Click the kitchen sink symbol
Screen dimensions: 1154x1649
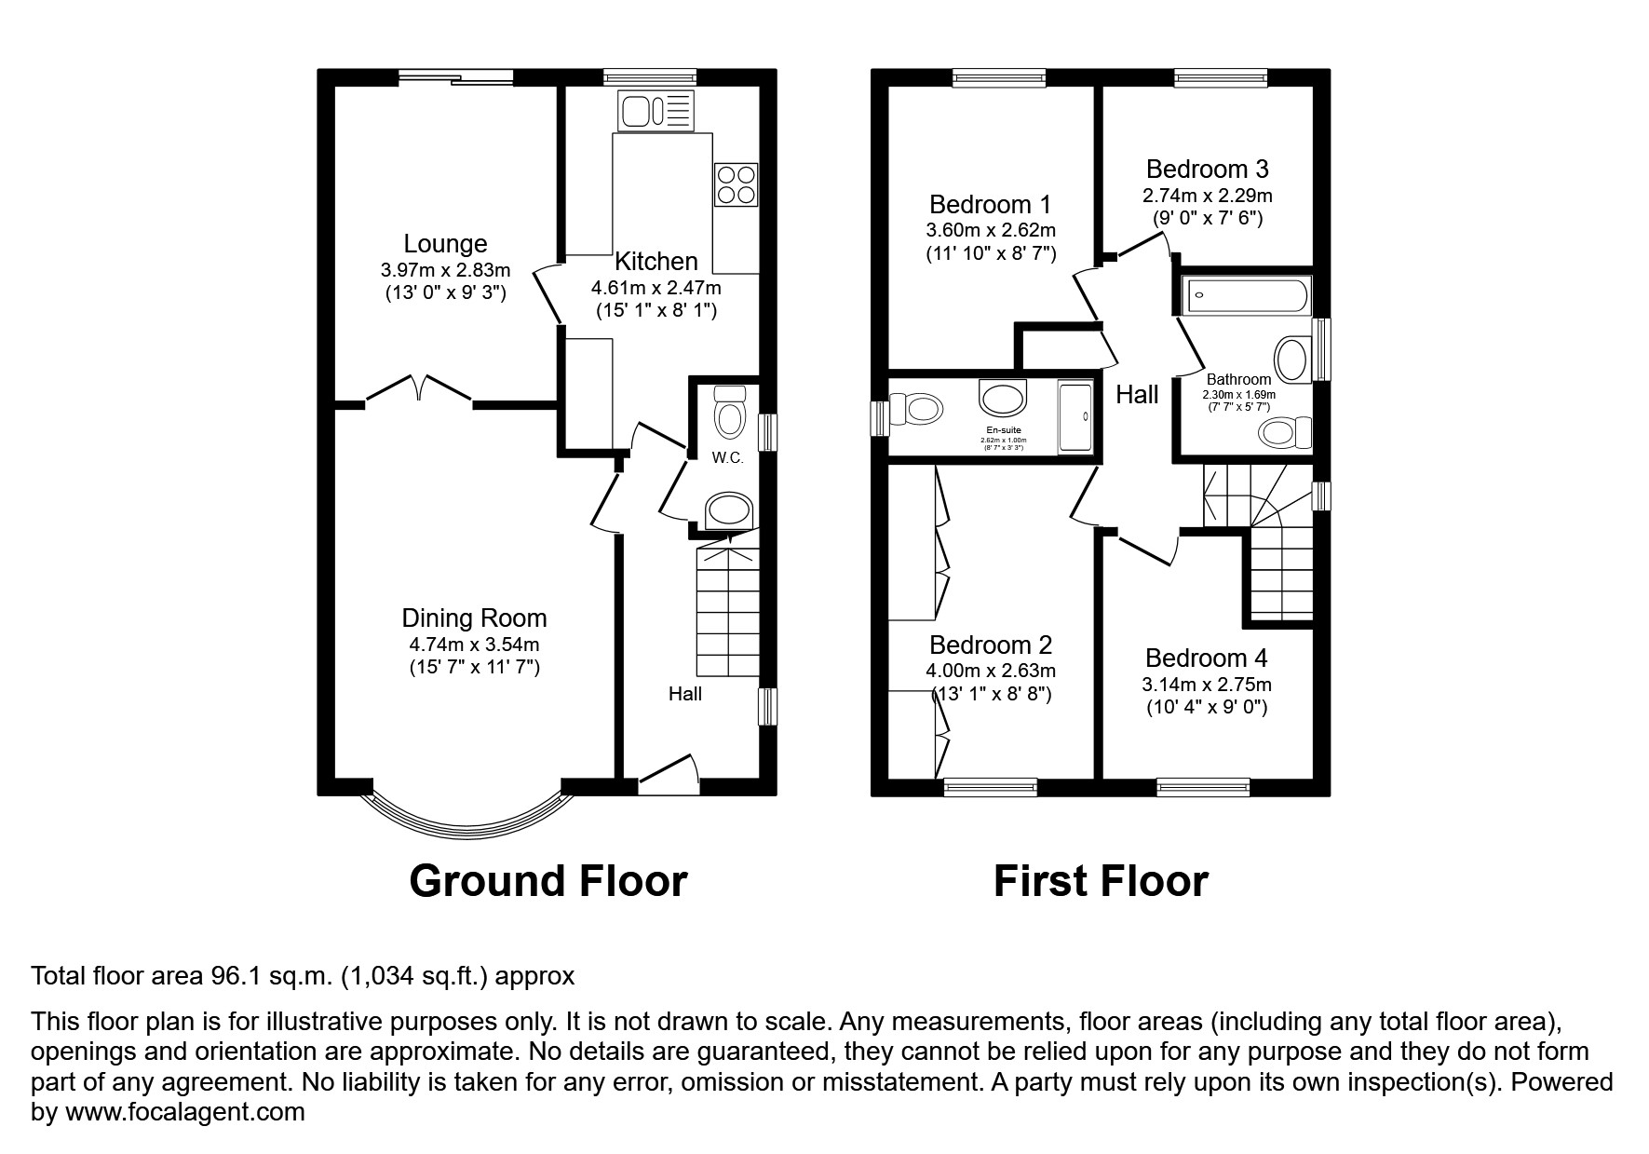pos(656,112)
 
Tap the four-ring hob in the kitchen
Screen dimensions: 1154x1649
pos(736,183)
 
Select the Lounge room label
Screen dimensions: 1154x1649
pos(445,244)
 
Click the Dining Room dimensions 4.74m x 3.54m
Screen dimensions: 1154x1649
pos(474,644)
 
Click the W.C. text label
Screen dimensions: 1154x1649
pos(727,458)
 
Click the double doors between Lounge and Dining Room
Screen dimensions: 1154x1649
pos(420,389)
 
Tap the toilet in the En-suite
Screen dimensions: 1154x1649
pos(914,408)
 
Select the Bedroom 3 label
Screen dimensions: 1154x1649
pos(1207,170)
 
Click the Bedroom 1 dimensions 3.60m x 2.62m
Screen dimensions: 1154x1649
pos(991,230)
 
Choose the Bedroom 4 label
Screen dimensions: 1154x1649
pos(1206,658)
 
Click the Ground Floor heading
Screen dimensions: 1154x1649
pos(547,881)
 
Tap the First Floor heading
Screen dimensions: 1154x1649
pos(1100,881)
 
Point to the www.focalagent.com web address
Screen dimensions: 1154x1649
pos(184,1112)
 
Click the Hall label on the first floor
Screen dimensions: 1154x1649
pos(1137,395)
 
